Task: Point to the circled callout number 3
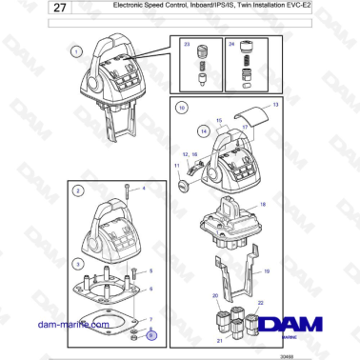(x=76, y=261)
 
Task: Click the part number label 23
(x=187, y=44)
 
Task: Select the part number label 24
(x=231, y=44)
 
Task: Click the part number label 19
(x=268, y=271)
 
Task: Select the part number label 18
(x=264, y=205)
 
